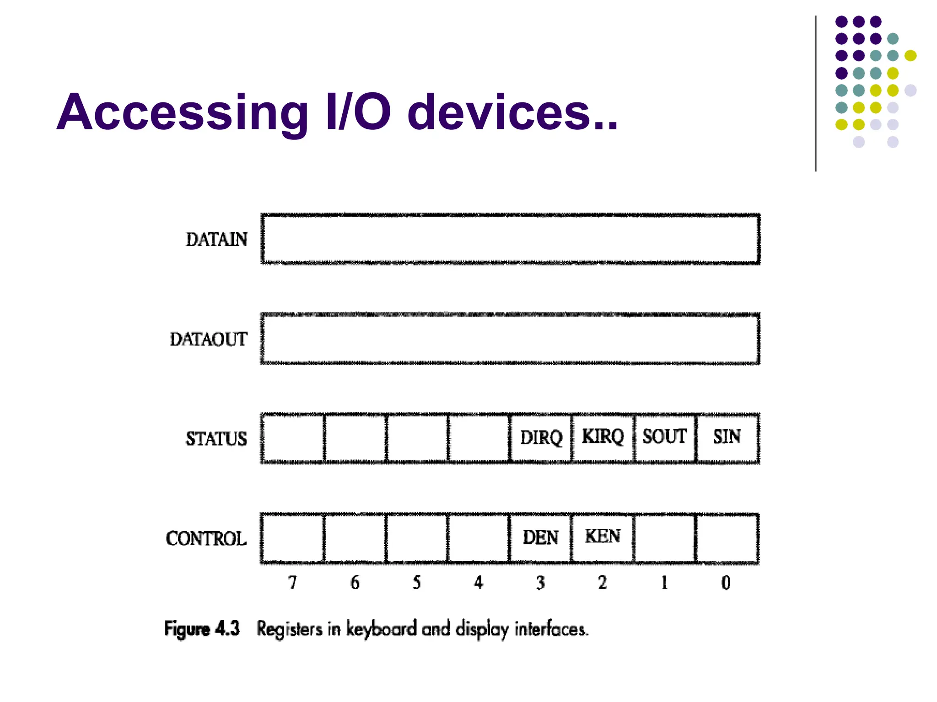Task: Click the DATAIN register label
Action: [216, 239]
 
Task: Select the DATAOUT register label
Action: [209, 339]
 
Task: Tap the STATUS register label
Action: [216, 439]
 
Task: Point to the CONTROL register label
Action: [206, 538]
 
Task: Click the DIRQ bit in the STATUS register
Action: [541, 438]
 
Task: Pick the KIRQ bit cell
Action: [603, 437]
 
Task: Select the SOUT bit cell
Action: [664, 437]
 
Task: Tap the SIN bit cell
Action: [727, 437]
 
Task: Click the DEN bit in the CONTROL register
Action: [540, 537]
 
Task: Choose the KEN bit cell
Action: [603, 536]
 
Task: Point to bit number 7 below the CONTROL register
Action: [292, 583]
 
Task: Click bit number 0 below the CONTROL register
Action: [726, 583]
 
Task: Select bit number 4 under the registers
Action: [478, 583]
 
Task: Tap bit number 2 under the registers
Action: [602, 583]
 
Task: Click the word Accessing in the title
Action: [183, 112]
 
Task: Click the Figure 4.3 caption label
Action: [202, 629]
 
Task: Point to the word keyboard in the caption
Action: [381, 629]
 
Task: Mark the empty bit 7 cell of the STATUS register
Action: [293, 438]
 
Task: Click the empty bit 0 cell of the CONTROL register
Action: [727, 538]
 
